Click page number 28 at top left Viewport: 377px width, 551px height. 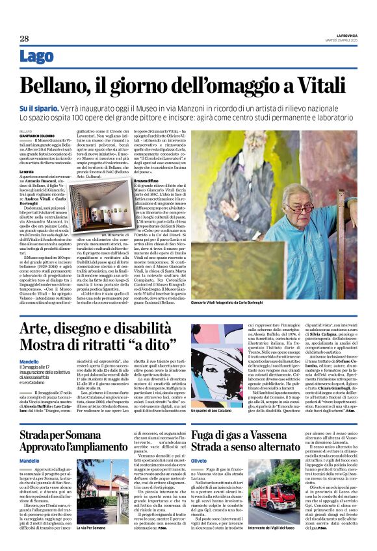click(x=24, y=38)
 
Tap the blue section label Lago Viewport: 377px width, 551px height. click(x=37, y=57)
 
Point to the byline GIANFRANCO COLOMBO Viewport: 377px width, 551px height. click(x=36, y=136)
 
